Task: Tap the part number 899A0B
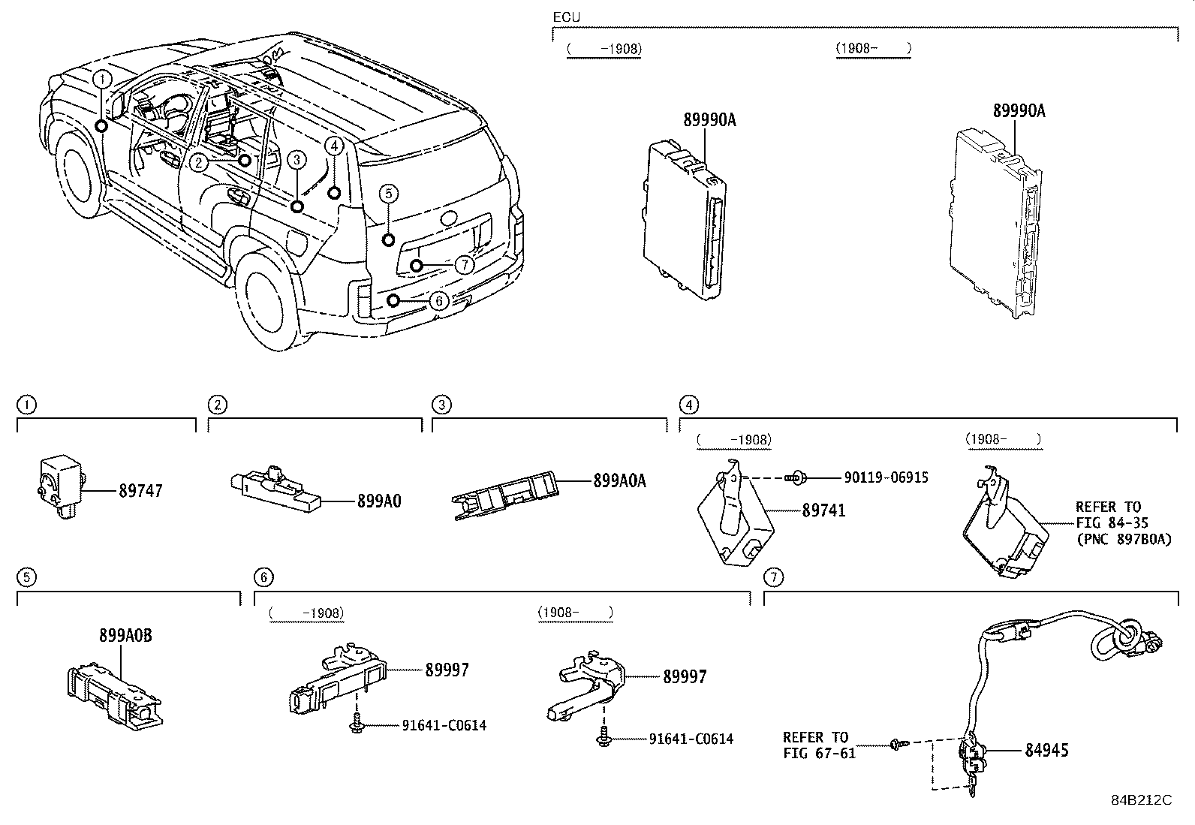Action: pos(125,635)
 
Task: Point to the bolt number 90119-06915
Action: pos(886,477)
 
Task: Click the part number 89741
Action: pos(823,510)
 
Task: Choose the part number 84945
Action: pos(1047,750)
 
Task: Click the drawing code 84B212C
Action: pos(1142,799)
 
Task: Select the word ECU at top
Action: pos(566,17)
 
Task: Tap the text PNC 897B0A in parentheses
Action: pos(1123,539)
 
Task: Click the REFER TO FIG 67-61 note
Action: pos(819,745)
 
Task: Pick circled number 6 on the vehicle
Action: pos(440,301)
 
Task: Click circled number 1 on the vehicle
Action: pos(102,78)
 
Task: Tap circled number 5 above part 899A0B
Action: pos(26,577)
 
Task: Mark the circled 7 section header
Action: pos(772,577)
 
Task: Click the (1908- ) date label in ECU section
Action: pos(872,48)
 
